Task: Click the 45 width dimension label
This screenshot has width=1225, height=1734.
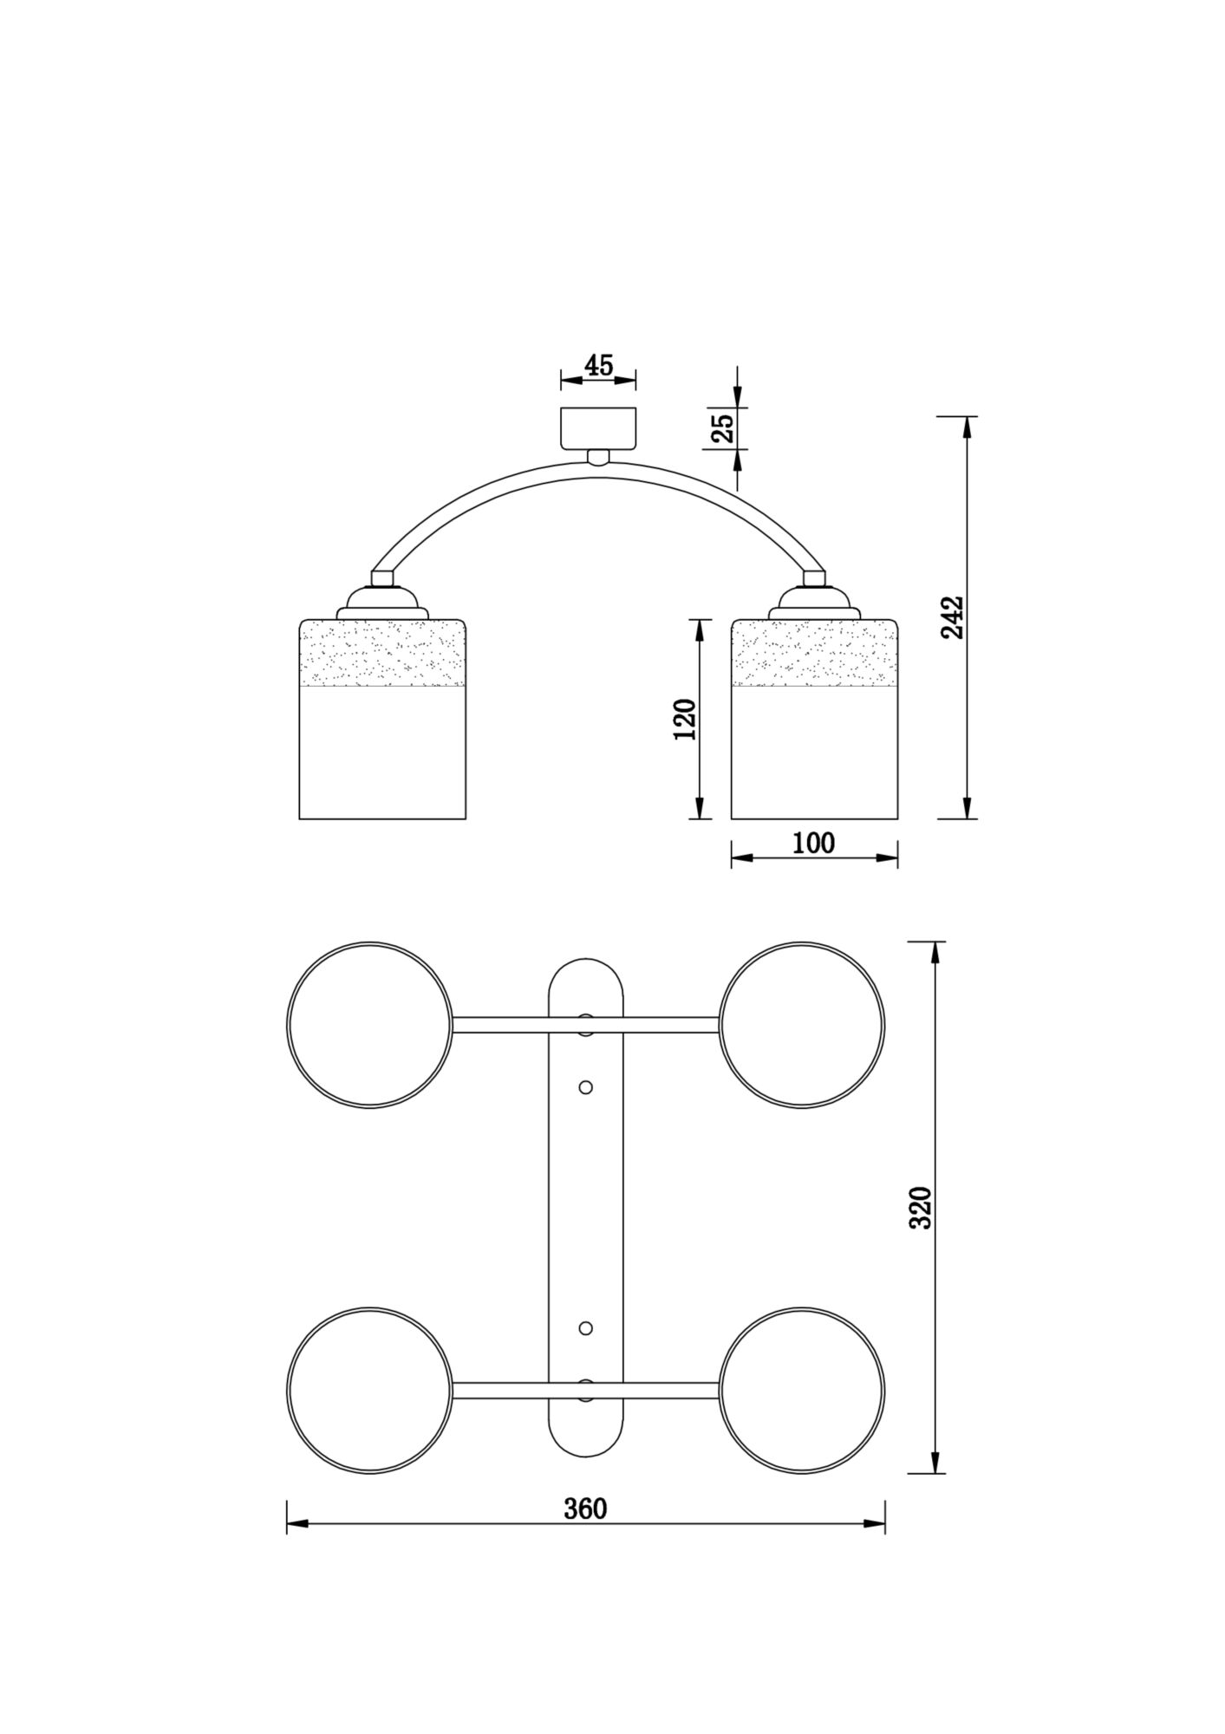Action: click(x=598, y=365)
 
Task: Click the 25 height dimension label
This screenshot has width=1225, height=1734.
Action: click(x=722, y=427)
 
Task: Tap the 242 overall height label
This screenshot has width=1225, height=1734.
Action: click(x=952, y=616)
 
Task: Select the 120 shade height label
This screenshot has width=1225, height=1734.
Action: click(x=685, y=719)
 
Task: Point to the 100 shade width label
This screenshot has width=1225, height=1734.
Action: click(x=813, y=843)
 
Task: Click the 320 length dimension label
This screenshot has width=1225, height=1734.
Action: click(x=920, y=1207)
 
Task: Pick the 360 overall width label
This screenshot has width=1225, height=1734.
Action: click(x=585, y=1509)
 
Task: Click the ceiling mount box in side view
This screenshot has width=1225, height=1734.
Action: click(x=598, y=428)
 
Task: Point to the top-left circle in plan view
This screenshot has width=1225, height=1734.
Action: click(x=369, y=1025)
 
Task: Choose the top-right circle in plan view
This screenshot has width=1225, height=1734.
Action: click(x=802, y=1025)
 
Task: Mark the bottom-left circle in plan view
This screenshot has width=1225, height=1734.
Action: click(x=369, y=1390)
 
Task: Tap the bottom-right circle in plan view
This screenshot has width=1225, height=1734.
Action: click(x=802, y=1390)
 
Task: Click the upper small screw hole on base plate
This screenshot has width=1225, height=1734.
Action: click(x=585, y=1086)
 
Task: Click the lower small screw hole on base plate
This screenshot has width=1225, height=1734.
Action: click(x=585, y=1328)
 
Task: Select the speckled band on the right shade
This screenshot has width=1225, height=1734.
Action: click(x=814, y=653)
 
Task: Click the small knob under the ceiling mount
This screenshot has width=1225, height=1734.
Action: click(x=598, y=458)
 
